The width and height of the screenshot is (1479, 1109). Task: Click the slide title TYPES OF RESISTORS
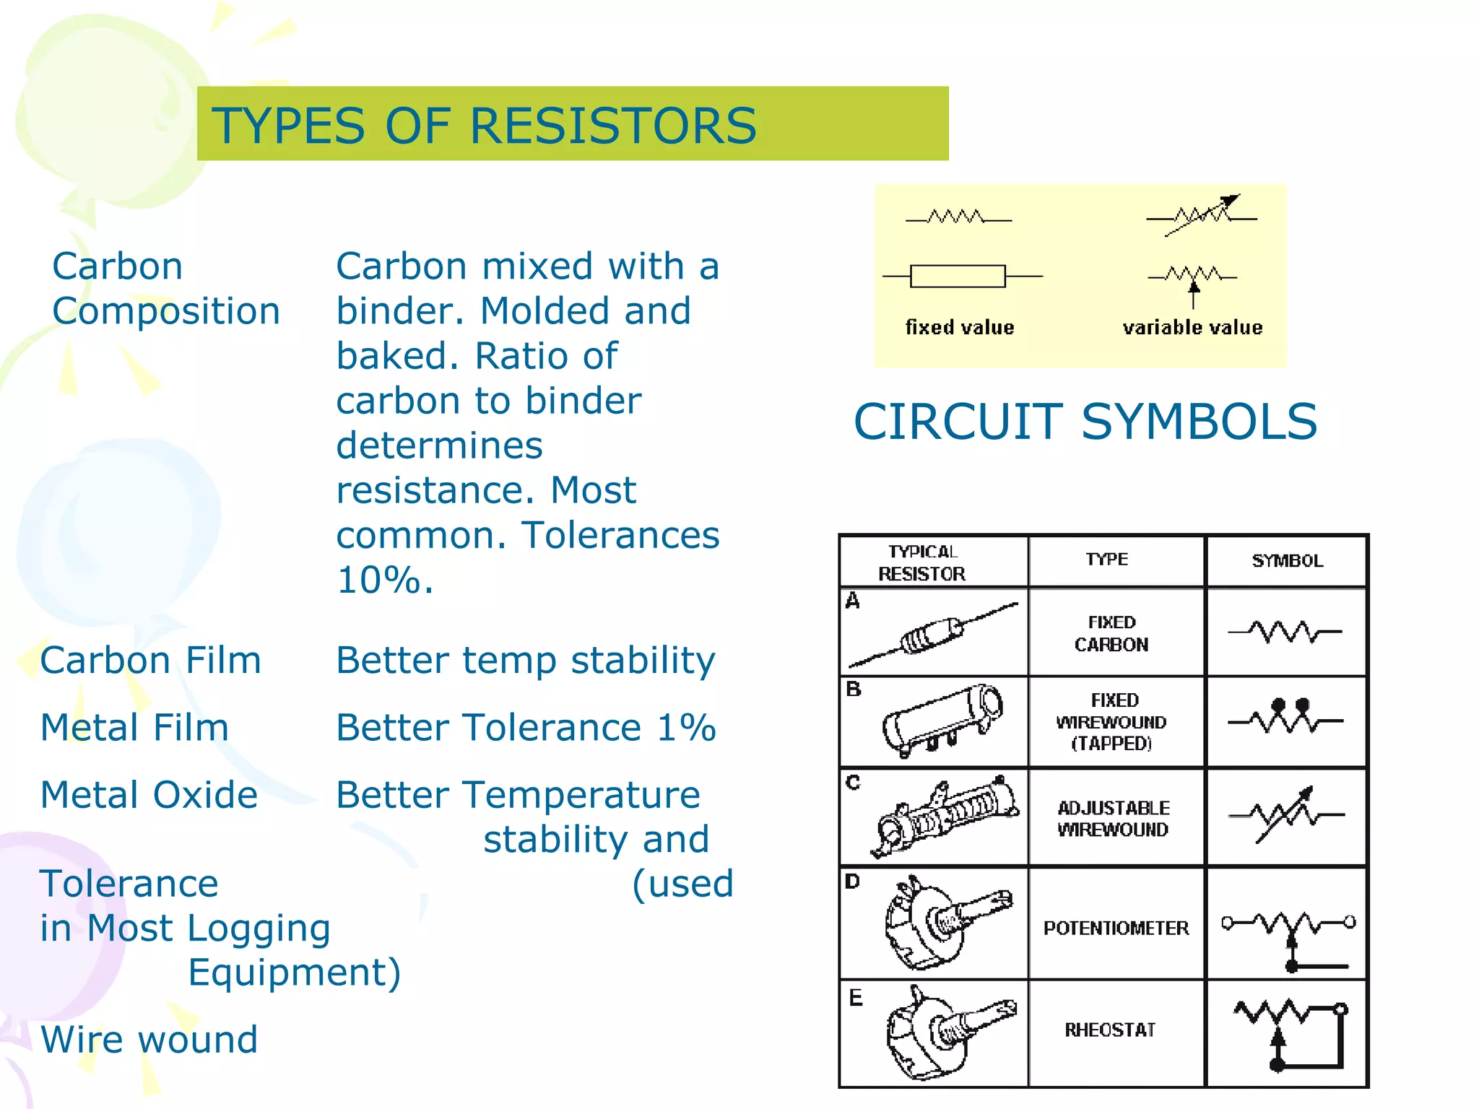(484, 126)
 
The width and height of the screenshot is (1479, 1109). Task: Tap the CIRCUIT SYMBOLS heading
(1085, 422)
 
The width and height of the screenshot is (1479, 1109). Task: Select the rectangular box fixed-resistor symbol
(958, 276)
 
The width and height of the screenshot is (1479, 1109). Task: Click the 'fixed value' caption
(960, 328)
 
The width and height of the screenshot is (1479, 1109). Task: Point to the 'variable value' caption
(1192, 328)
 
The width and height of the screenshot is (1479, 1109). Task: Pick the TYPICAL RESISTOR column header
(922, 562)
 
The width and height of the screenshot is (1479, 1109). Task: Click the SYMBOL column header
(1287, 561)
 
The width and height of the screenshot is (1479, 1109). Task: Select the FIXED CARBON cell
(1111, 633)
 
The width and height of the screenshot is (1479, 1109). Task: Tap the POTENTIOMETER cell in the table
(1116, 928)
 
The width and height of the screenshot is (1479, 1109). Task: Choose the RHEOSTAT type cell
(1110, 1030)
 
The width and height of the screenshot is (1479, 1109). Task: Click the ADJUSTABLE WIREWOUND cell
(1113, 819)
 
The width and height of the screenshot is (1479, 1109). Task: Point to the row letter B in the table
(854, 690)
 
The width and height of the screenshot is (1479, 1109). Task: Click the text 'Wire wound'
(149, 1040)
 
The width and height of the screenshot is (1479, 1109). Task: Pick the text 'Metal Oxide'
(149, 795)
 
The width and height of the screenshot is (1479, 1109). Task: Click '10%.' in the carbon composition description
(385, 580)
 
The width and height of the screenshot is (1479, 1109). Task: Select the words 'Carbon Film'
(150, 660)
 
